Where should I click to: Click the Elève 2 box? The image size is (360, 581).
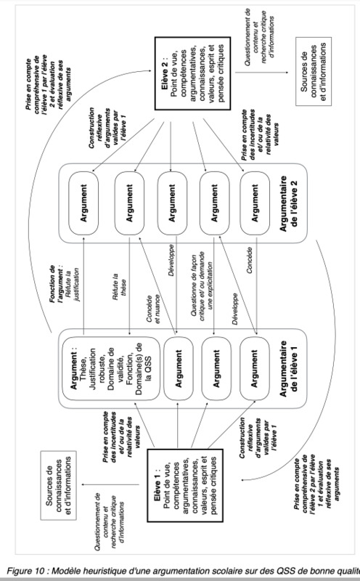(192, 73)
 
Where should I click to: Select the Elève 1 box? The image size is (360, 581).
(185, 485)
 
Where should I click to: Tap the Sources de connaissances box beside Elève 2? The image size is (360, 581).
(314, 71)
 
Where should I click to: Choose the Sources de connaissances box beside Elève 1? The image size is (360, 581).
(59, 485)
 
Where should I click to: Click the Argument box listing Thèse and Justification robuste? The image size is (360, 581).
(111, 369)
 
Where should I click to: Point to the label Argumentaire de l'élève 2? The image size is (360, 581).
(289, 203)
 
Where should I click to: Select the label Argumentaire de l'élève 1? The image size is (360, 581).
(289, 369)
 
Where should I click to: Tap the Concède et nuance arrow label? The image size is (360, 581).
(153, 309)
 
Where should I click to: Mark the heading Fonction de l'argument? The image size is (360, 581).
(57, 285)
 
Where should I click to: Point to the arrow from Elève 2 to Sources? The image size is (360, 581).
(261, 71)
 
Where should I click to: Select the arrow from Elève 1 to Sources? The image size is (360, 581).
(110, 484)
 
